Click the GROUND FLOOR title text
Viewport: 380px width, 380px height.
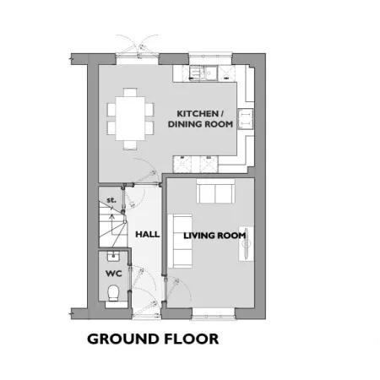[x=153, y=339]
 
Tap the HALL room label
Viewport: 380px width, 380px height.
[x=148, y=234]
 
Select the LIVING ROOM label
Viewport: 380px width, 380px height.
[x=214, y=236]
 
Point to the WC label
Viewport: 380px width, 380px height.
[x=114, y=274]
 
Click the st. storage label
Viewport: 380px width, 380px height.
[x=111, y=200]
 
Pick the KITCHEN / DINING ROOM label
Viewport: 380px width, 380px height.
[x=200, y=119]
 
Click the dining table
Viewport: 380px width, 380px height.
[x=130, y=118]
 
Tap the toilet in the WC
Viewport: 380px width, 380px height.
[x=114, y=293]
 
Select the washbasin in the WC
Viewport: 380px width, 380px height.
[x=113, y=256]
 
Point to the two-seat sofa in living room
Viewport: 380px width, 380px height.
[x=215, y=191]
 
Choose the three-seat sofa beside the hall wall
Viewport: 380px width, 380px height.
[x=180, y=241]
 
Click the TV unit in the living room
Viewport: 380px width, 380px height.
[x=246, y=243]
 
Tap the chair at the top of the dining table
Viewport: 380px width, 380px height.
[x=130, y=93]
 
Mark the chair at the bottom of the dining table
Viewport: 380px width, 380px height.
[x=130, y=144]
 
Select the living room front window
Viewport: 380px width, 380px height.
[x=213, y=313]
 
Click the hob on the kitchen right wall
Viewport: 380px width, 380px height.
[x=246, y=119]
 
